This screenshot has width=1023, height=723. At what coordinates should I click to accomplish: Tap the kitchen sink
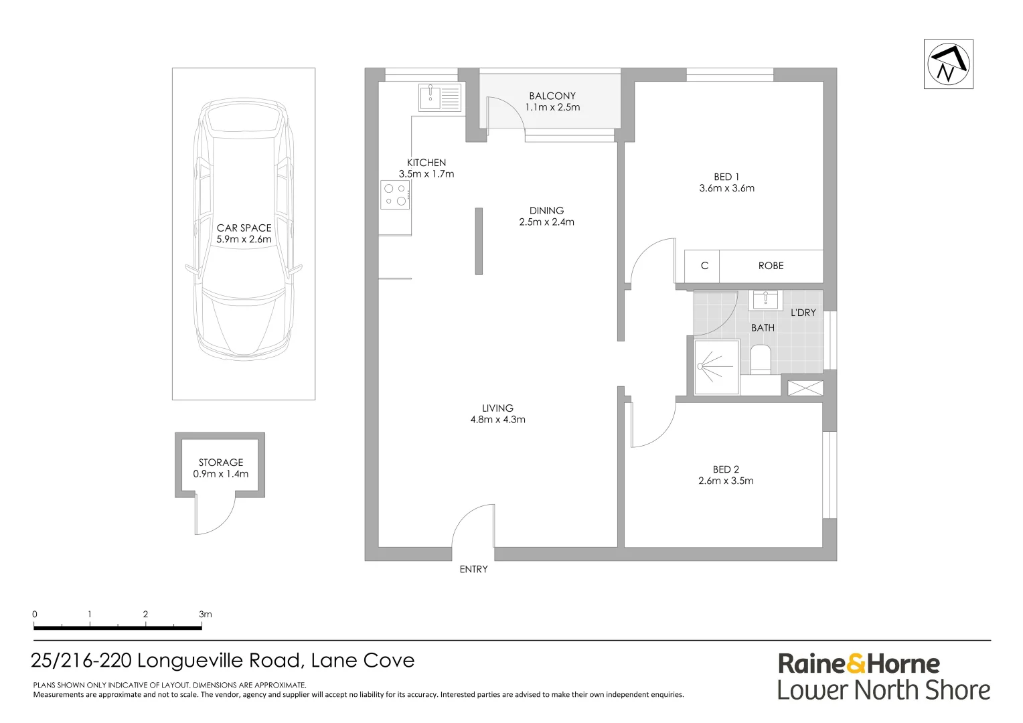pyautogui.click(x=440, y=97)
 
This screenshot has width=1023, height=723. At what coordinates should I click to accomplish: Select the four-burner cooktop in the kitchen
pyautogui.click(x=395, y=195)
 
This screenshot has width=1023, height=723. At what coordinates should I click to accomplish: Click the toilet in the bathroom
pyautogui.click(x=761, y=359)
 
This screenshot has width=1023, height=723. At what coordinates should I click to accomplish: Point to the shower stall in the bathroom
pyautogui.click(x=716, y=367)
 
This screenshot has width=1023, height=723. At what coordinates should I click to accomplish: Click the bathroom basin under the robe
pyautogui.click(x=765, y=300)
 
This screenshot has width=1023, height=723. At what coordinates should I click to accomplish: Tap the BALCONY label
pyautogui.click(x=552, y=96)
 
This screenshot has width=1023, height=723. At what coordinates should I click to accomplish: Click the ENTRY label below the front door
pyautogui.click(x=473, y=569)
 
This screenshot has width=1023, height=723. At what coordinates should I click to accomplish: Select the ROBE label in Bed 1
pyautogui.click(x=771, y=266)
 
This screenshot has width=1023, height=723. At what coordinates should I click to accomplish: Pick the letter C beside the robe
pyautogui.click(x=704, y=266)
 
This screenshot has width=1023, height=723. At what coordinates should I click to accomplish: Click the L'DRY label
pyautogui.click(x=803, y=313)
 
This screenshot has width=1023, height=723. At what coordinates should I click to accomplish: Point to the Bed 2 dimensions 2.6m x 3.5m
pyautogui.click(x=726, y=481)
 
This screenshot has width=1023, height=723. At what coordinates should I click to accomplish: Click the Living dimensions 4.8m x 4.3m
pyautogui.click(x=498, y=419)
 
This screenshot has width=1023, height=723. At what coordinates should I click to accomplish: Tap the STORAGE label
pyautogui.click(x=220, y=462)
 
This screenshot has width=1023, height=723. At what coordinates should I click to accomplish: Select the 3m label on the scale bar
pyautogui.click(x=206, y=615)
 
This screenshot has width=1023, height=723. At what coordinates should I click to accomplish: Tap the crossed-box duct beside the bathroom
pyautogui.click(x=805, y=388)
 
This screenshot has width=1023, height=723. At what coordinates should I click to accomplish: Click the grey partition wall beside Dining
pyautogui.click(x=479, y=242)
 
